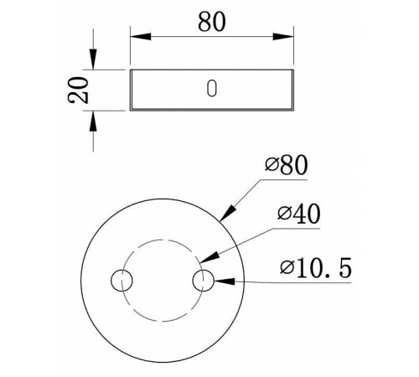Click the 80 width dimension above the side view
tap(213, 23)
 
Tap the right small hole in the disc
tap(204, 280)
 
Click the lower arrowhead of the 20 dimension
tap(92, 118)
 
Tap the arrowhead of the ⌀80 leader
tap(225, 215)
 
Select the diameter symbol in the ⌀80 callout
tap(269, 166)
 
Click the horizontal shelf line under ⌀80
tap(289, 178)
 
